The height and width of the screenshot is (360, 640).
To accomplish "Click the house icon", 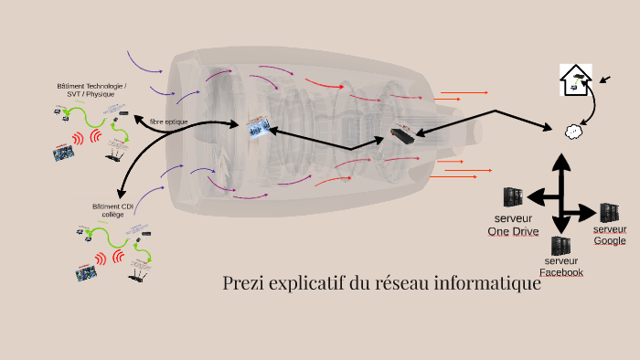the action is pos(575,79).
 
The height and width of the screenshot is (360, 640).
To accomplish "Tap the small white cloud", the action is pos(573,131).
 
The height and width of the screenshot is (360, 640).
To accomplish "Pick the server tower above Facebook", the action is pos(560,247).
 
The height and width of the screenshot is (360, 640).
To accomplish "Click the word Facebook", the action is pos(560,272).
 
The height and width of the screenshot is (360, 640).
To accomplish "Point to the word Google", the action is pos(610,240).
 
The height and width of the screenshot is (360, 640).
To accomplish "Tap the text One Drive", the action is pos(513,232).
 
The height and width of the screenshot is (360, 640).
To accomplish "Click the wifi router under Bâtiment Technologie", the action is pos(114,155).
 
